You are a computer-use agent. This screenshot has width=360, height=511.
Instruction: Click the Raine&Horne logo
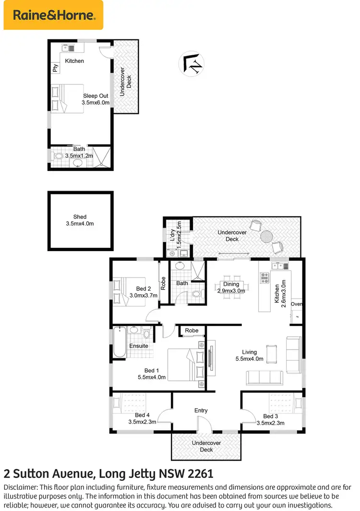coord(53,15)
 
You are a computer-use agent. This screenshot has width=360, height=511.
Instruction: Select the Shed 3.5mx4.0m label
coord(80,220)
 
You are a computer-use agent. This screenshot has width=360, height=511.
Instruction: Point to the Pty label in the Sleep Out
coord(55,69)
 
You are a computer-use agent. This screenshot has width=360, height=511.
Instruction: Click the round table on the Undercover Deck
coord(266,237)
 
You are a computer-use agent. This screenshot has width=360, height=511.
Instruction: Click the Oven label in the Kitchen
coord(297,304)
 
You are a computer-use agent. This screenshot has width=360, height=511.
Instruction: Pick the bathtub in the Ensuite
coord(120,341)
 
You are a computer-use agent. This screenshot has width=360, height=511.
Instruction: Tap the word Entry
coord(201,410)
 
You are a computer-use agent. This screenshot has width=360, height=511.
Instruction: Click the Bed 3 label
coord(271,416)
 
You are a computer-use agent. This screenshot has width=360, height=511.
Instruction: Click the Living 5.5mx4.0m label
coord(250,355)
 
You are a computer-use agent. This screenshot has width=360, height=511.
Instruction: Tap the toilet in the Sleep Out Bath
coord(59,157)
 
